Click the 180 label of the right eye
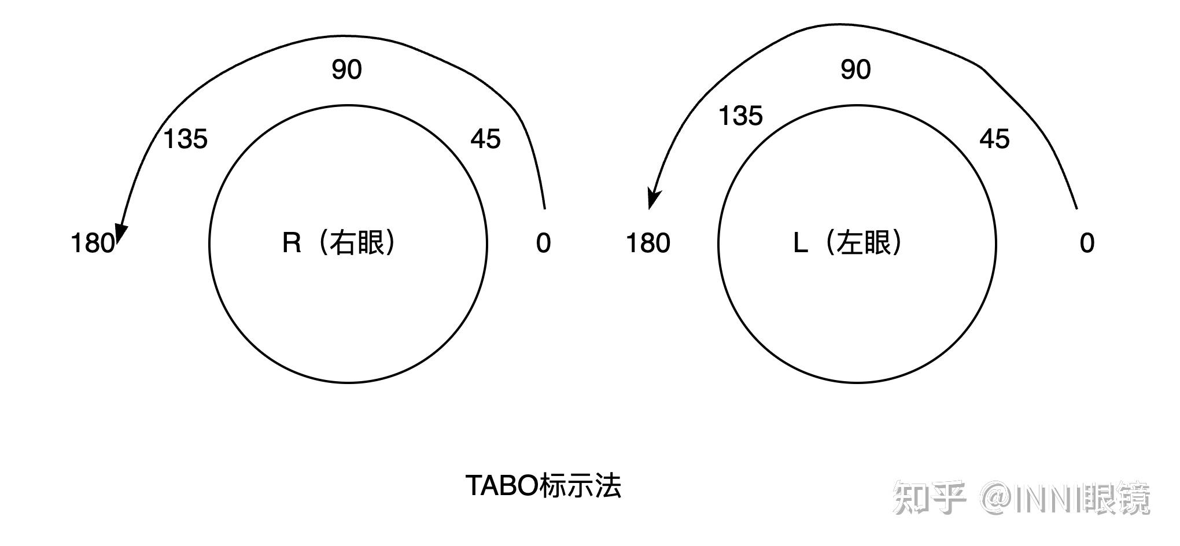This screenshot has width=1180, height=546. point(92,243)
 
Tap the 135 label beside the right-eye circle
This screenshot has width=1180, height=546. point(185,139)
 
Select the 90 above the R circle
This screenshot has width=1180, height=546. point(346,69)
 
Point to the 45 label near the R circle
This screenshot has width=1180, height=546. point(485,139)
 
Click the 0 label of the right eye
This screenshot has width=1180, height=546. point(543,243)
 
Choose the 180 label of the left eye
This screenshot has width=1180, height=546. point(648,243)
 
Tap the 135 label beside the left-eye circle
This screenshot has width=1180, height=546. point(740,116)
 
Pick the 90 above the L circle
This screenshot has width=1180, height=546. point(856,69)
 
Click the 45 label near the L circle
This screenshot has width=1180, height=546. point(994,139)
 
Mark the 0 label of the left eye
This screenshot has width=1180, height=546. point(1087,243)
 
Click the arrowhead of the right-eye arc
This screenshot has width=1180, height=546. point(120,231)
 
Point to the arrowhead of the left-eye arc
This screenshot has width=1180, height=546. point(653,200)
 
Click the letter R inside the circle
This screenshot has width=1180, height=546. point(292,243)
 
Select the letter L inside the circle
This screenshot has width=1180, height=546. point(800,243)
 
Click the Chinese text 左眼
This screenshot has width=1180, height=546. point(865,243)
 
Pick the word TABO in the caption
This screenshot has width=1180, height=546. point(502,486)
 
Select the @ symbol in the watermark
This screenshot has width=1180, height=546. point(997,498)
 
